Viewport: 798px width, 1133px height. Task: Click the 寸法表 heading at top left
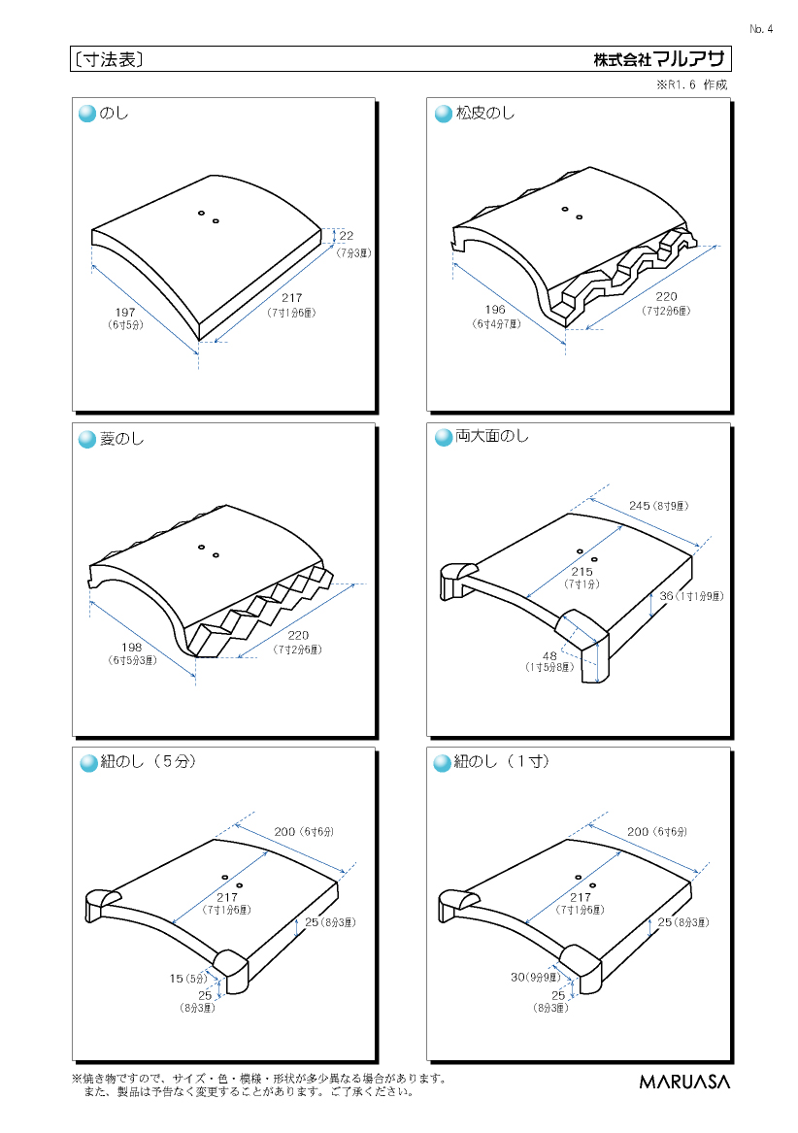pos(109,60)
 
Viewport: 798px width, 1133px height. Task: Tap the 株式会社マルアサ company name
pos(658,59)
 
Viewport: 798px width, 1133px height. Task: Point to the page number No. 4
pos(761,29)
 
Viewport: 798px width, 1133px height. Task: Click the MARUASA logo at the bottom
pos(684,1081)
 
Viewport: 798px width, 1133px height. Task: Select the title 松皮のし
pos(485,114)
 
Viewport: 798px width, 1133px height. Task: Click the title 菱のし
pos(121,439)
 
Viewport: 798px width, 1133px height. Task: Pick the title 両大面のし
pos(491,437)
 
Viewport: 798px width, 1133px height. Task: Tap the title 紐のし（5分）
pos(149,761)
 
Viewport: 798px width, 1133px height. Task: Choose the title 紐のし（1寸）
pos(502,761)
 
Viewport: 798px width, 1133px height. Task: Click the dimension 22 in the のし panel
pos(347,236)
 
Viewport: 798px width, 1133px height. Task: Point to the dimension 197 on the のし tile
pos(125,313)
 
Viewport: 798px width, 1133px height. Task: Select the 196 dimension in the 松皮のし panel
pos(495,310)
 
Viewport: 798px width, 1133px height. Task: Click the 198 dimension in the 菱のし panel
pos(132,647)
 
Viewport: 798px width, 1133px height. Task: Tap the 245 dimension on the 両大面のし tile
pos(640,506)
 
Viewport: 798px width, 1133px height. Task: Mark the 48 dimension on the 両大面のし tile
pos(550,656)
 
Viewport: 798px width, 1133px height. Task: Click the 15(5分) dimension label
pos(188,979)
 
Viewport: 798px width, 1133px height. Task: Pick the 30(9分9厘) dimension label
pos(536,977)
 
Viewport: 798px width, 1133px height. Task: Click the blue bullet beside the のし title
pos(86,115)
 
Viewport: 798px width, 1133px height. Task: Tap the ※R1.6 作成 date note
pos(692,84)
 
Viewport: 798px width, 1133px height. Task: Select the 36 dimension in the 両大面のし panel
pos(666,596)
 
